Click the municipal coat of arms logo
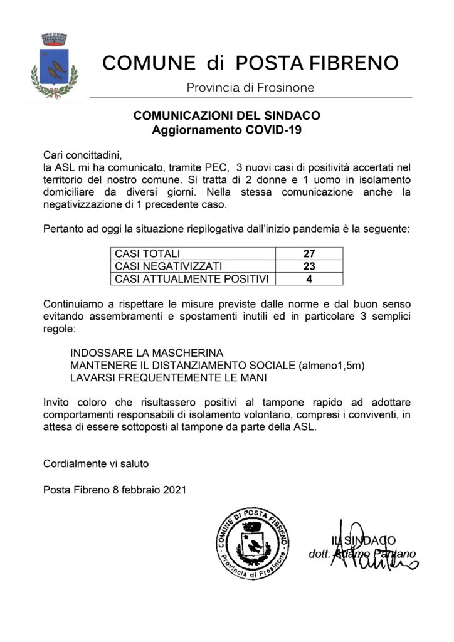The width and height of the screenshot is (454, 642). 55,66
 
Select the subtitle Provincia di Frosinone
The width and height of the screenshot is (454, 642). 251,88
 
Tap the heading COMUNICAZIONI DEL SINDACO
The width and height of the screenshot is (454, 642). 227,116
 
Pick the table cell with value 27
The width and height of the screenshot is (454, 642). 309,254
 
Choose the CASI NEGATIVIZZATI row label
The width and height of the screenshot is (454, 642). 169,266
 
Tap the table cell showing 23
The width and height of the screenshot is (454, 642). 309,266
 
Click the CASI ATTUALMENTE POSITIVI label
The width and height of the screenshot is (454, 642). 191,278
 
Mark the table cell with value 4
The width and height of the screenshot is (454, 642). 309,278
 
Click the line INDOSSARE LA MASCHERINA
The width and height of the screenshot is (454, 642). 147,353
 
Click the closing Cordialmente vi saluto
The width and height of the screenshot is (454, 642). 96,464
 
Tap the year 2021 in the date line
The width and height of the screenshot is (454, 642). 174,490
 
